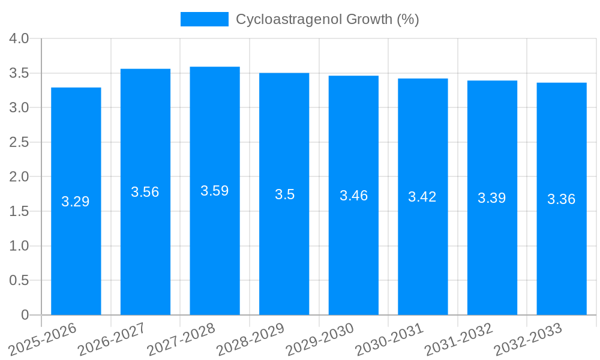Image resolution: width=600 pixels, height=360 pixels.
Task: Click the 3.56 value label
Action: click(x=145, y=192)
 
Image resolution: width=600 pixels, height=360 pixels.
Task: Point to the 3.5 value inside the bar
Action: click(x=284, y=194)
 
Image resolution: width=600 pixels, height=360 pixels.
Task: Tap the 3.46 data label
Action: click(x=353, y=196)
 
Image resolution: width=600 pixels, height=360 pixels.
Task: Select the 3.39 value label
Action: click(x=492, y=198)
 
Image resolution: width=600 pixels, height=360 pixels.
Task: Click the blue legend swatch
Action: click(x=205, y=19)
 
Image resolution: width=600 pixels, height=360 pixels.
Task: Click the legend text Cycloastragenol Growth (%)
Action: click(x=327, y=19)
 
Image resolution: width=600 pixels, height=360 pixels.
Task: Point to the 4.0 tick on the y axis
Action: click(x=19, y=38)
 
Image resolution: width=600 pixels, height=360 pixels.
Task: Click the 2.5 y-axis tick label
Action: click(x=19, y=142)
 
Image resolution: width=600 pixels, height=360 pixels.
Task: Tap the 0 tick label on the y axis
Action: click(x=25, y=315)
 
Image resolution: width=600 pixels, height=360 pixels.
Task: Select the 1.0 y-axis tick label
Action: click(x=19, y=246)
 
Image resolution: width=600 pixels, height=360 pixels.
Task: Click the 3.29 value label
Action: click(x=76, y=202)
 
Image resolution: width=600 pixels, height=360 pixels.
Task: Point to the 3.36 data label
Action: click(x=562, y=199)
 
